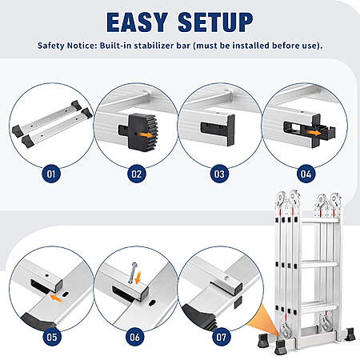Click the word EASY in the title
pos(137,22)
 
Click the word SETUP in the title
pos(215,22)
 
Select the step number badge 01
pos(51,174)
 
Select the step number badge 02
pos(137,174)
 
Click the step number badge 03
pos(219,174)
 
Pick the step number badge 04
pos(306,174)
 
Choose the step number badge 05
pos(52,337)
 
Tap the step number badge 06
pos(134,337)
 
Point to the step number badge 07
pos(221,337)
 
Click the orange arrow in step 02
pos(146,134)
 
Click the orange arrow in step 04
pos(314,133)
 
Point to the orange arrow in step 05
pos(57,298)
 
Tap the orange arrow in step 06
pos(138,278)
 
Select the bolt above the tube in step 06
pos(132,273)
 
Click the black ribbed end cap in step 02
pos(142,132)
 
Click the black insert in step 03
pos(218,130)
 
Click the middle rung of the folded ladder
pos(319,264)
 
